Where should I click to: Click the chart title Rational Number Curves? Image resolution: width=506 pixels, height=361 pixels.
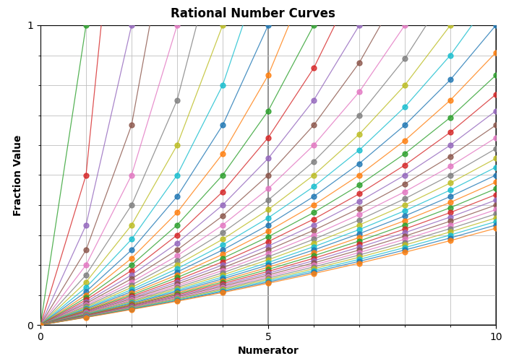253,13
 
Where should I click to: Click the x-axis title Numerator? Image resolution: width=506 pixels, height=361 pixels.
267,351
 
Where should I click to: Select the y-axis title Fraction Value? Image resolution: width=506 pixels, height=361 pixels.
17,175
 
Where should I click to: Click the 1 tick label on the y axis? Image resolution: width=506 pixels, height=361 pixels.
30,25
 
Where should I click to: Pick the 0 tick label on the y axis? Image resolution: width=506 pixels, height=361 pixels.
30,325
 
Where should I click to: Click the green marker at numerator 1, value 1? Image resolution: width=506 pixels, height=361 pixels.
86,25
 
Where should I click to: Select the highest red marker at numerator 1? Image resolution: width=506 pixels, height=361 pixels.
86,175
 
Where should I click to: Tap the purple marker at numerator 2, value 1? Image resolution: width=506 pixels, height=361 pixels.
132,25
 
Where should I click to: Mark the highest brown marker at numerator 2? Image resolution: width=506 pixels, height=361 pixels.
132,125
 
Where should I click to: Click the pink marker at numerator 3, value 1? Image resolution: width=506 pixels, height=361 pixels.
177,25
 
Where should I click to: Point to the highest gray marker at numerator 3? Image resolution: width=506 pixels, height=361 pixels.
177,100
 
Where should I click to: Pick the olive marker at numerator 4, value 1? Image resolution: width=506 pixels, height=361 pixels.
223,25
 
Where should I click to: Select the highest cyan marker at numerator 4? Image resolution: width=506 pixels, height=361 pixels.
223,85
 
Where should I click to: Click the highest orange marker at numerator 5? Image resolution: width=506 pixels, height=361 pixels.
268,75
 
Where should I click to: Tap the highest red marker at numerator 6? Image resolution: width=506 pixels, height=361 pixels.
314,68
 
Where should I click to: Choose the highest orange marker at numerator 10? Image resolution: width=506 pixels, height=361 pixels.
496,53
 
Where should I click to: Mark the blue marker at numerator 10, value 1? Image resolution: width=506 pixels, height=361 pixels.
496,25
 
